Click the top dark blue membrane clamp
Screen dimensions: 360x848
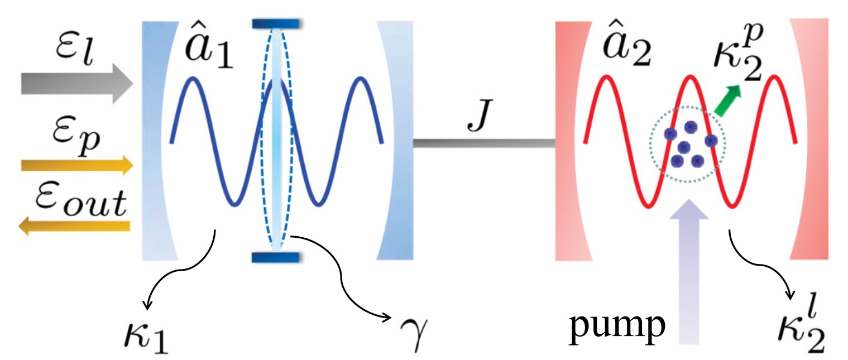click(277, 23)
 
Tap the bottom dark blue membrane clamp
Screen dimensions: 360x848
click(277, 257)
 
